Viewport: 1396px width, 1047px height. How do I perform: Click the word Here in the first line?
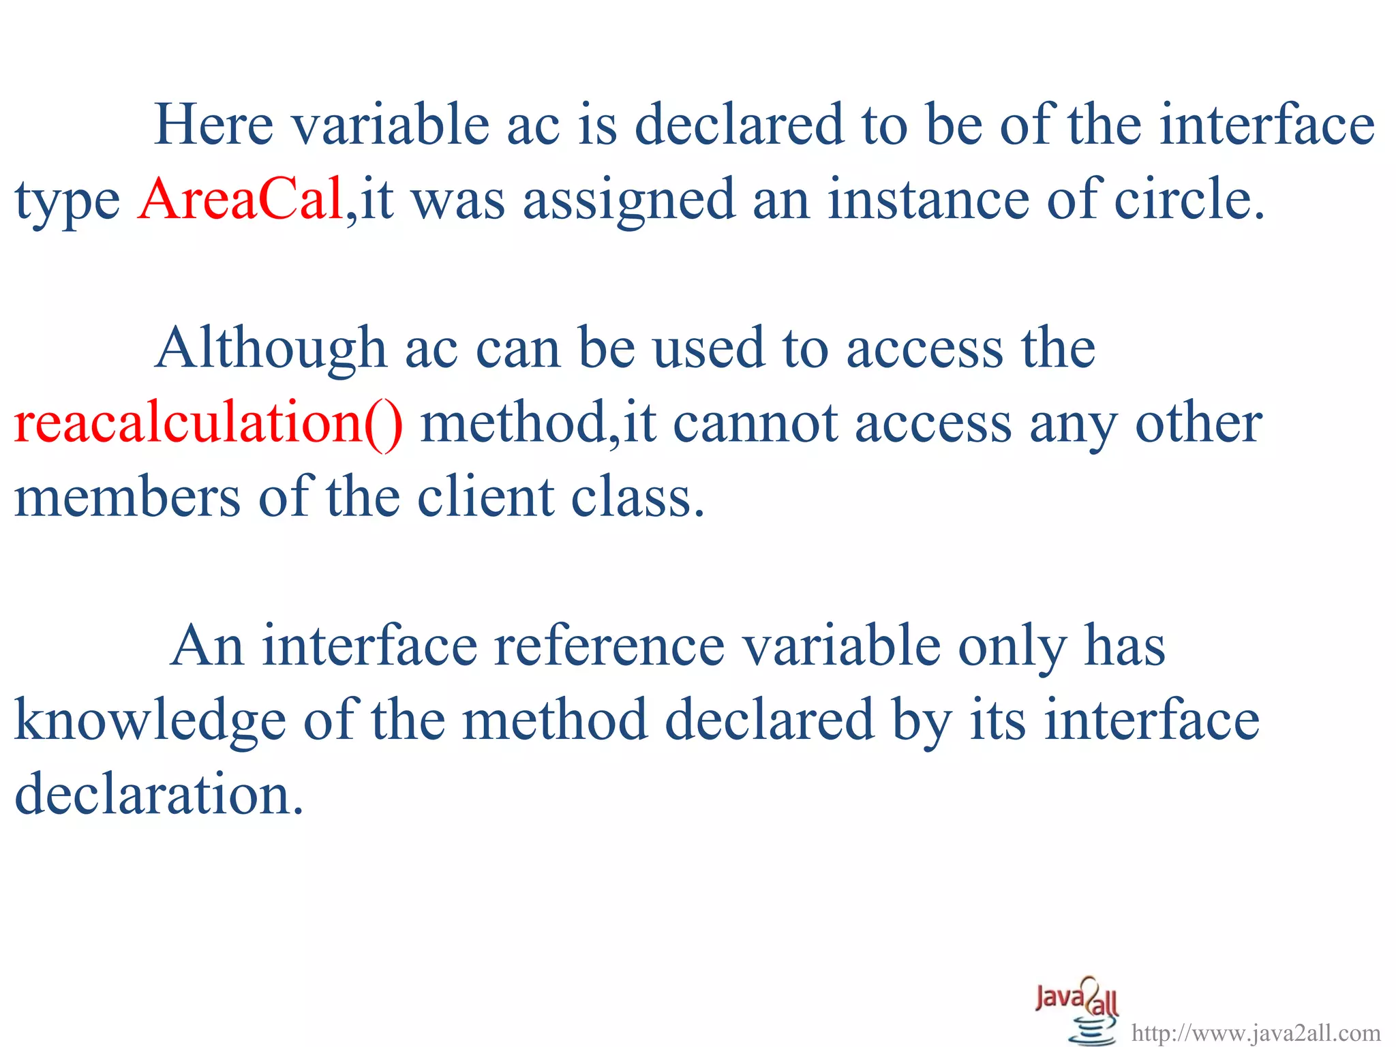(x=214, y=125)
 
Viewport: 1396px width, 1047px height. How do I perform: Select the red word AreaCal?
(x=241, y=199)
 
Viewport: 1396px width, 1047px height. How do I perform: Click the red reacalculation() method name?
(x=209, y=423)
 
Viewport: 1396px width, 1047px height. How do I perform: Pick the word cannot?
(x=755, y=423)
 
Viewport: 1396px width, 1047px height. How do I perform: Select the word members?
(x=127, y=497)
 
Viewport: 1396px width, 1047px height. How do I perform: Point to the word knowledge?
(x=150, y=720)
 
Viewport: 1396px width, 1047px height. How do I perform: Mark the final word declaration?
(x=158, y=795)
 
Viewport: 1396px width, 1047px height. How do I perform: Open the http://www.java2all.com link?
(x=1256, y=1033)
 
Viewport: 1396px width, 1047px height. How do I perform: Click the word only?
(x=1012, y=648)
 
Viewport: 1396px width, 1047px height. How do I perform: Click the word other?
(x=1198, y=423)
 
